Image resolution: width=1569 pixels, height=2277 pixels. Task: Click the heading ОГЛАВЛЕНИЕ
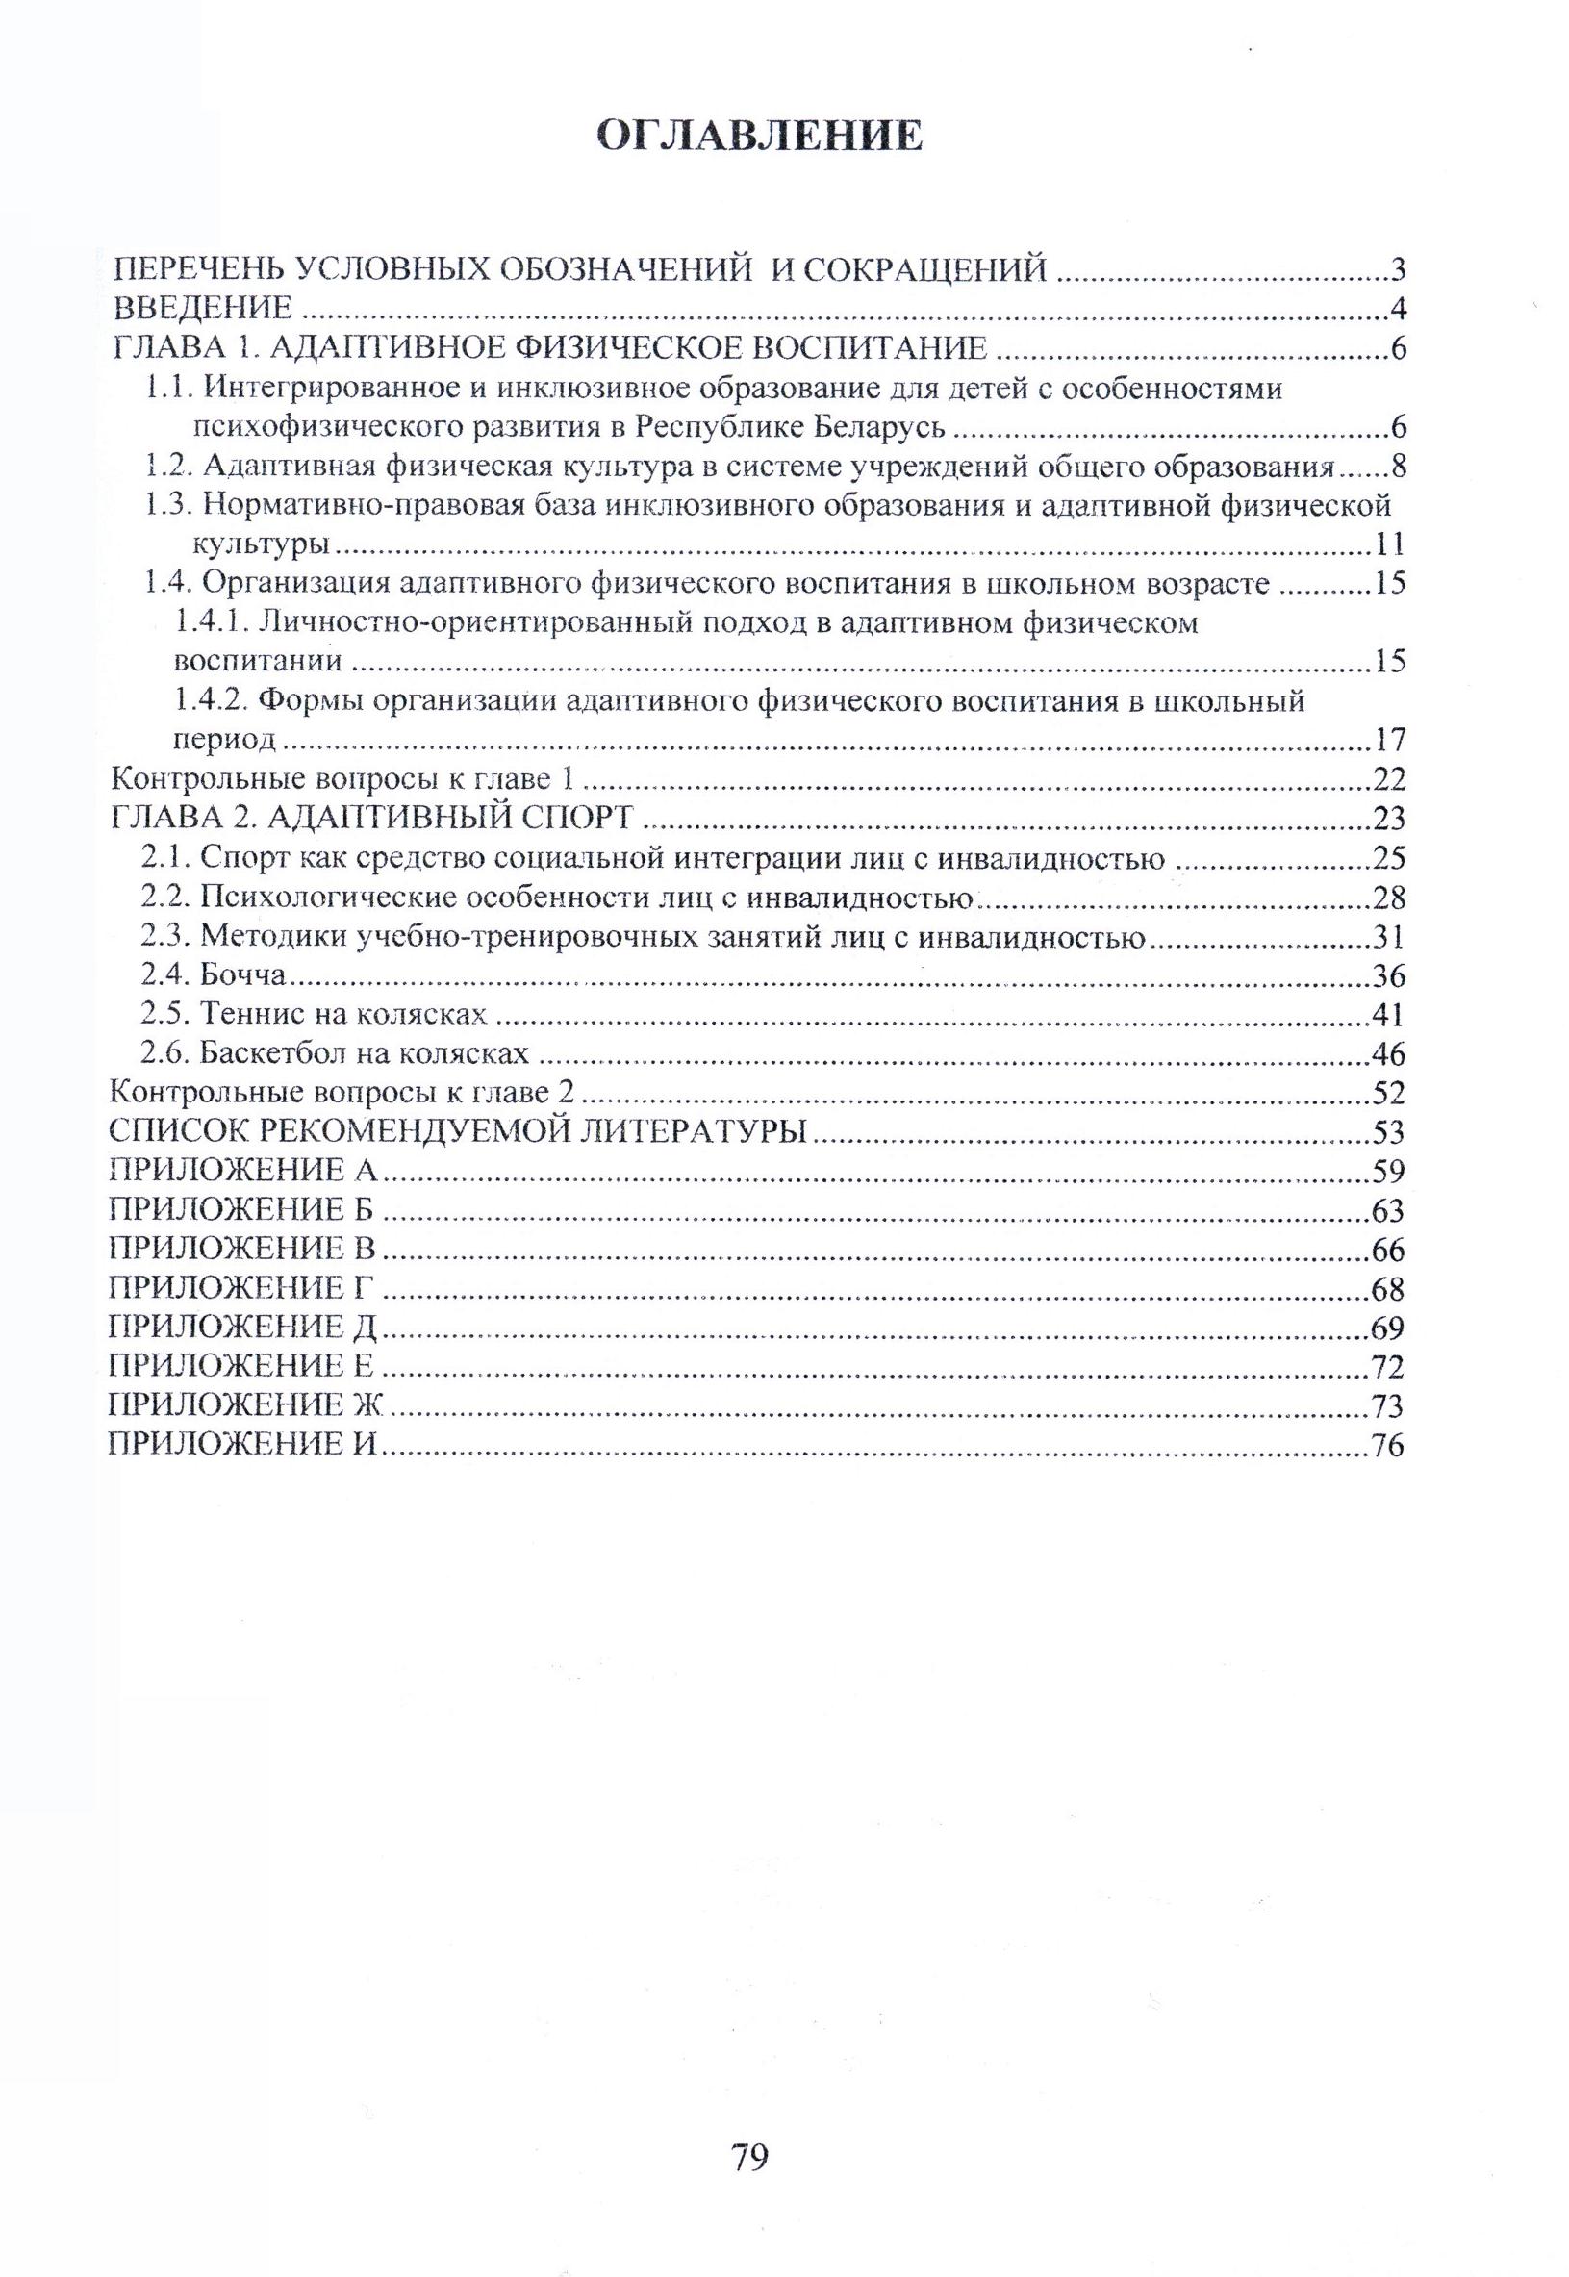(x=761, y=136)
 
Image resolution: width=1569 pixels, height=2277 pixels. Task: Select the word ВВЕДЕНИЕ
(x=204, y=309)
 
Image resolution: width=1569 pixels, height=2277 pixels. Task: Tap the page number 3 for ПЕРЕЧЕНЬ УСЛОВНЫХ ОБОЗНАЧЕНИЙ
(x=1398, y=269)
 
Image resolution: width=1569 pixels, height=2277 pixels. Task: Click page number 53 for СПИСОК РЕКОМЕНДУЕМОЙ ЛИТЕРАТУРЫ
(x=1388, y=1132)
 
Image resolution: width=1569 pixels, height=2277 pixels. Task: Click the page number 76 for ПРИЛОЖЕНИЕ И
(x=1388, y=1446)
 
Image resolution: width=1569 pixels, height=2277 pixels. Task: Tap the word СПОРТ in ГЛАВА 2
(x=564, y=818)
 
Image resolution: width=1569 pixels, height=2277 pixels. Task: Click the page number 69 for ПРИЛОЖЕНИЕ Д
(x=1388, y=1328)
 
